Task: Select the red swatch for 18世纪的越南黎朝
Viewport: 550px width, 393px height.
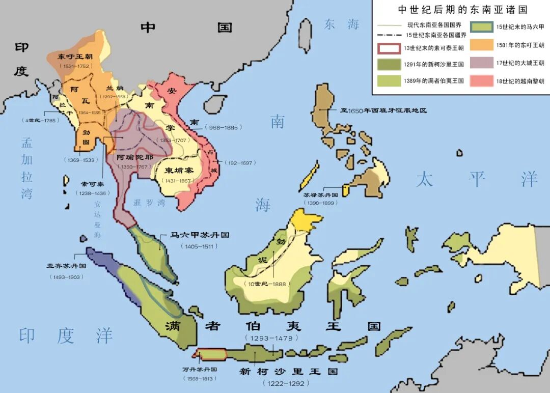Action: pyautogui.click(x=482, y=81)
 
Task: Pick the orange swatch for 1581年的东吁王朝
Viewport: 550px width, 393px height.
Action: pyautogui.click(x=482, y=45)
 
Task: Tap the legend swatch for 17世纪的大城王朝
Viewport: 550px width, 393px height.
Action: pyautogui.click(x=482, y=63)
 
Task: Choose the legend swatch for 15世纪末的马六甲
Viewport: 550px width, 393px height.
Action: pyautogui.click(x=482, y=28)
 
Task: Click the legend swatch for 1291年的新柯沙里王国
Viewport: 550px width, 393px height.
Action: pyautogui.click(x=389, y=64)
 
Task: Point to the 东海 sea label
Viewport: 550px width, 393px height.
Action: pyautogui.click(x=342, y=24)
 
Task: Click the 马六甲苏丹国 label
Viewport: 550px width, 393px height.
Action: pyautogui.click(x=199, y=236)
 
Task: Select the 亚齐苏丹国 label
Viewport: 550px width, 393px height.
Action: pyautogui.click(x=66, y=266)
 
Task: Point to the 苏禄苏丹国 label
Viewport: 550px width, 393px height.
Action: pyautogui.click(x=321, y=194)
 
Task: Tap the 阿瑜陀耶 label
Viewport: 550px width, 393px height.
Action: pyautogui.click(x=135, y=157)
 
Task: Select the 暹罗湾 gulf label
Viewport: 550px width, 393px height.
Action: pyautogui.click(x=149, y=203)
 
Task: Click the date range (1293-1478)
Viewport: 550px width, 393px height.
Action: pyautogui.click(x=271, y=338)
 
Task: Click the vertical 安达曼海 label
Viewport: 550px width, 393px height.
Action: pyautogui.click(x=98, y=219)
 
